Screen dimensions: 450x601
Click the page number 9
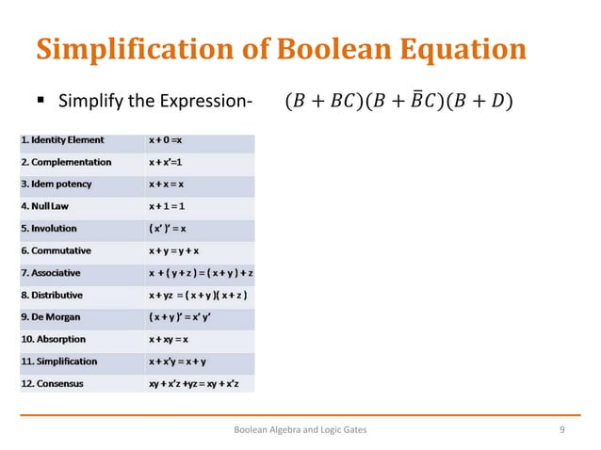click(561, 429)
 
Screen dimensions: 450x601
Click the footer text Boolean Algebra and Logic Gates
click(300, 429)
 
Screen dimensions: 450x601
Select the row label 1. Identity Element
click(63, 140)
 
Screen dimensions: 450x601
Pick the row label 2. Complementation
click(67, 162)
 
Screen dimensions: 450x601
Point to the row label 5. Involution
click(55, 229)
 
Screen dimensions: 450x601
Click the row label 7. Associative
click(56, 272)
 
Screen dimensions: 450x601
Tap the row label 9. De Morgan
click(54, 316)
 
